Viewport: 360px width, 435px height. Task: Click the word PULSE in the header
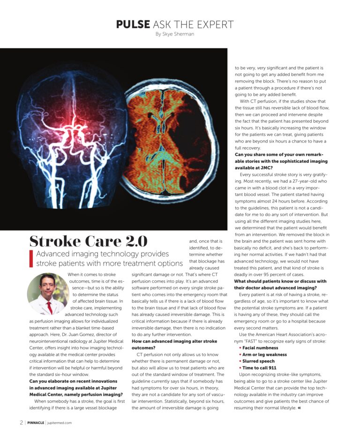[133, 24]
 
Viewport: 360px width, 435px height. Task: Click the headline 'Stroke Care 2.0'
[88, 241]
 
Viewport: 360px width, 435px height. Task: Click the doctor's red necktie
[50, 307]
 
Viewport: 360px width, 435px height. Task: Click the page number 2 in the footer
[22, 422]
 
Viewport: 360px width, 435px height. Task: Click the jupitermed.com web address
[60, 422]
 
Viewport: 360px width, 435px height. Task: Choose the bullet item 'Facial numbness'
[260, 348]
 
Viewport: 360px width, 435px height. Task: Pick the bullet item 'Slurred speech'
[258, 361]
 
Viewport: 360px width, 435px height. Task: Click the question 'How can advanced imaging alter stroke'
[174, 341]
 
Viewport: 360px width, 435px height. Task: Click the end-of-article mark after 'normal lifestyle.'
[299, 408]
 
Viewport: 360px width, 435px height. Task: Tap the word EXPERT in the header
[214, 24]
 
